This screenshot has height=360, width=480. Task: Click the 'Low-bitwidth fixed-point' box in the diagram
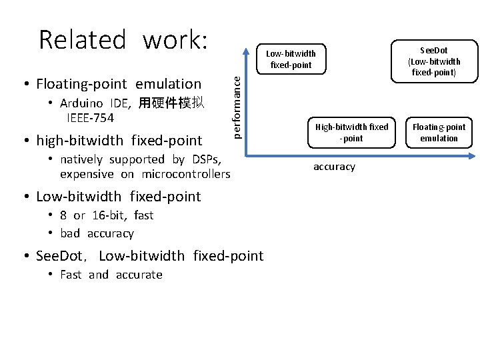(x=291, y=59)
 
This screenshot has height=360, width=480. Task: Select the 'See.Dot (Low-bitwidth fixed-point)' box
(x=433, y=61)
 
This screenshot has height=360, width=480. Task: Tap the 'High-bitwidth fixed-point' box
(x=351, y=132)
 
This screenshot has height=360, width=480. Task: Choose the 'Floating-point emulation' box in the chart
(x=439, y=132)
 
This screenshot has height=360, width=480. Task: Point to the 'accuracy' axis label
(x=334, y=167)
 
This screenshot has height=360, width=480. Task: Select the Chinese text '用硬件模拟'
(x=171, y=103)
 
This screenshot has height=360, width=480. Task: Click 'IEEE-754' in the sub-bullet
(x=90, y=119)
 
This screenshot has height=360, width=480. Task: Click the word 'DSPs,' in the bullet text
(x=206, y=159)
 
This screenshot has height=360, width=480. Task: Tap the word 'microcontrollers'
(x=186, y=175)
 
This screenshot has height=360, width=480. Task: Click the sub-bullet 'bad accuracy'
(x=97, y=233)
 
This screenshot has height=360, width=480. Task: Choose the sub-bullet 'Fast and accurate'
(x=111, y=275)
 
